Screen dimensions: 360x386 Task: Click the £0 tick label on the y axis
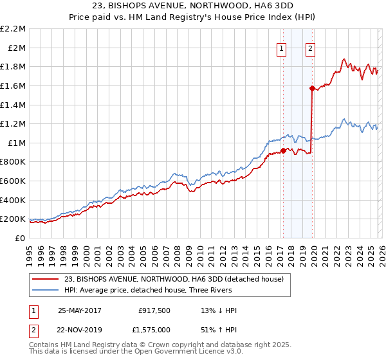point(19,238)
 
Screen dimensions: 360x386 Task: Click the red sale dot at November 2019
point(311,88)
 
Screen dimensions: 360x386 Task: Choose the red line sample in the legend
point(46,279)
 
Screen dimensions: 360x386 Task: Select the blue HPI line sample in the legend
point(46,290)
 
